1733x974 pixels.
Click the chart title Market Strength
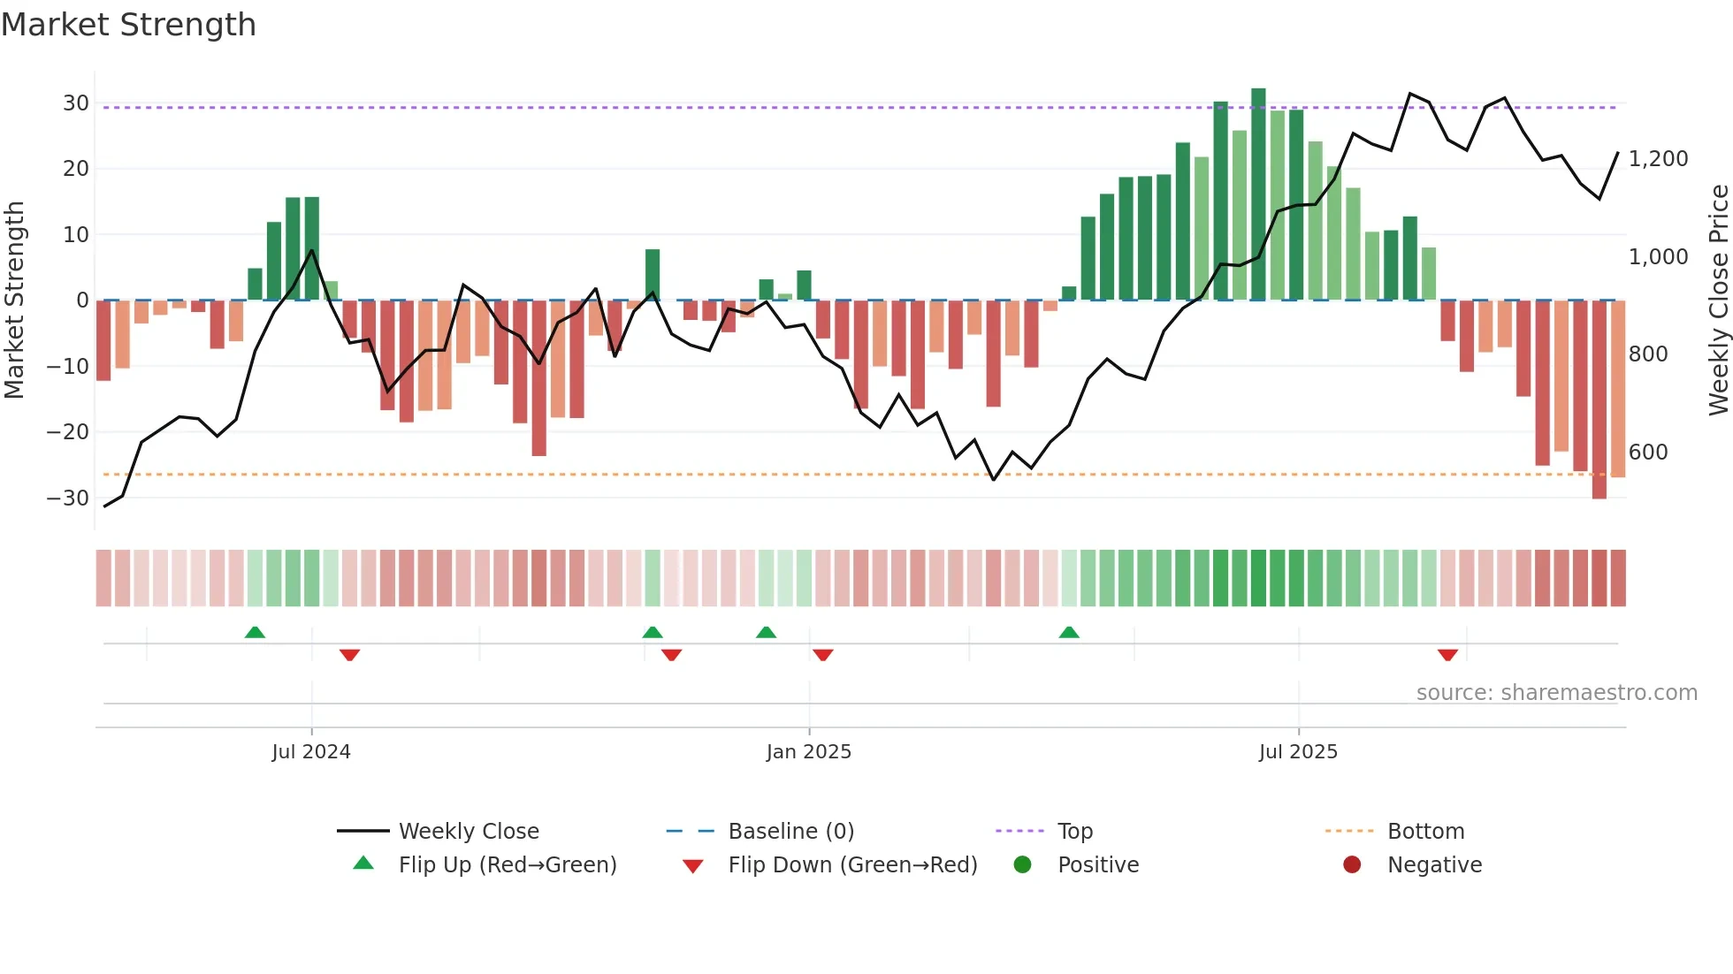[x=128, y=25]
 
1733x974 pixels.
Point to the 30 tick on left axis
[x=76, y=103]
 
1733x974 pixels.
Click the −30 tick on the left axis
[x=68, y=498]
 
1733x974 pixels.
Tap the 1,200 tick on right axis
[x=1658, y=159]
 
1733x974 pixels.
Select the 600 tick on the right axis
[x=1648, y=453]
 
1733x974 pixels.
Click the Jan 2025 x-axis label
[x=808, y=752]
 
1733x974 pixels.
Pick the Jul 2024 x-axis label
[x=311, y=752]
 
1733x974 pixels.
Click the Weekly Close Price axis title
[x=1718, y=301]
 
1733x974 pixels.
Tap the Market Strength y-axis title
[x=14, y=301]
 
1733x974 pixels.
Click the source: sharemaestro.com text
[x=1556, y=693]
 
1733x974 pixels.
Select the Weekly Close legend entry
[x=468, y=832]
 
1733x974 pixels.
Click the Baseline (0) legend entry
[x=790, y=832]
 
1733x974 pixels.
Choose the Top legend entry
[x=1074, y=832]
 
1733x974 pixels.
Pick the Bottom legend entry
[x=1425, y=832]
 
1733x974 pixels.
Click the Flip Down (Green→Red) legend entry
[x=851, y=865]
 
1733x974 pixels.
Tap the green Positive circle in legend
[x=1023, y=865]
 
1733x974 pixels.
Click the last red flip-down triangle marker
[x=1447, y=655]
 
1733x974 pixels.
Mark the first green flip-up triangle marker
[x=255, y=632]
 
